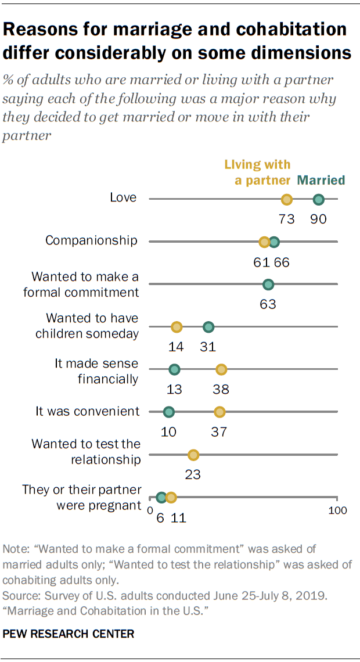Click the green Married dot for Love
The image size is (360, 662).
pos(318,200)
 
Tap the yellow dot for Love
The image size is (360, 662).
pos(286,200)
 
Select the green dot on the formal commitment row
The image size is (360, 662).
pos(268,285)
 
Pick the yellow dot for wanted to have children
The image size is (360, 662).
pos(177,328)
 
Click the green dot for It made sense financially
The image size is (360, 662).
pos(174,369)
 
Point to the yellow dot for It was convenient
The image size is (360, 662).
pos(219,412)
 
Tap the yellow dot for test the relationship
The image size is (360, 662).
pos(193,455)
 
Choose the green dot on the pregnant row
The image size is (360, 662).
pos(161,497)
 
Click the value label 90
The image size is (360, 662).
pos(318,219)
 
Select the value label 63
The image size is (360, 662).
pos(268,304)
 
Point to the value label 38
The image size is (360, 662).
pos(221,389)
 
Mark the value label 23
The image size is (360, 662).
pos(193,474)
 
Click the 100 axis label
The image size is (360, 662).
pos(337,510)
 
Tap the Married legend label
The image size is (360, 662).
pos(322,180)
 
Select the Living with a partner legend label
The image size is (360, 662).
pos(262,172)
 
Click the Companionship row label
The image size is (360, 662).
pos(92,240)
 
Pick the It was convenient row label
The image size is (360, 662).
pos(88,411)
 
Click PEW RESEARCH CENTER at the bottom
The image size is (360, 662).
pos(69,634)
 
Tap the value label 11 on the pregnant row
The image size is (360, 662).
pos(178,517)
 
